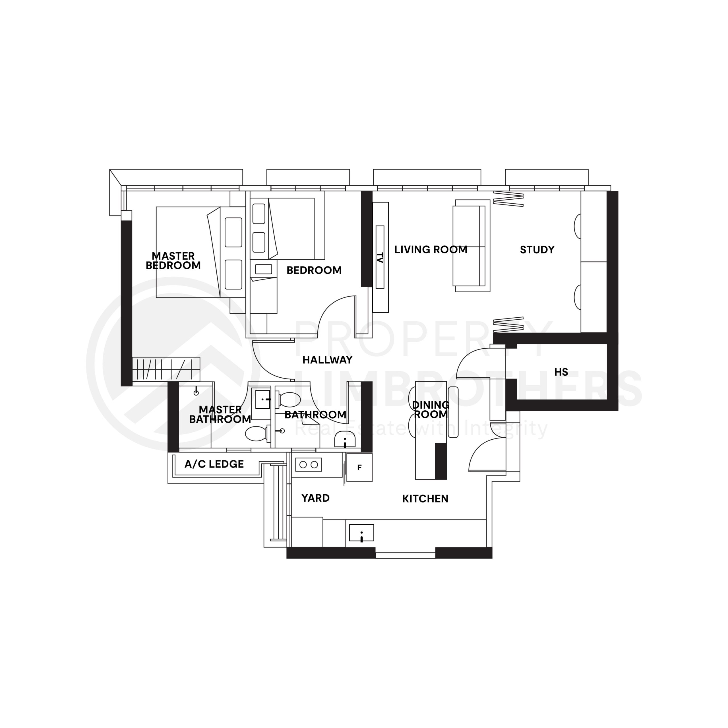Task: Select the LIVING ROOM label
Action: click(431, 249)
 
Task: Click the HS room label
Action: click(561, 372)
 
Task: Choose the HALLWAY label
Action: click(327, 360)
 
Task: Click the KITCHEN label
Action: click(425, 499)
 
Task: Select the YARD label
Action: click(315, 498)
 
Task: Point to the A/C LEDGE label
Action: click(214, 464)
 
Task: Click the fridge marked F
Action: click(359, 468)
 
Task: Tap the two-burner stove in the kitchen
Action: click(309, 465)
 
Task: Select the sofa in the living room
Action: click(472, 246)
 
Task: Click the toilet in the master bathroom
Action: click(257, 433)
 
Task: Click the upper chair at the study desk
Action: click(577, 226)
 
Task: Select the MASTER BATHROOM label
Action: click(220, 415)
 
